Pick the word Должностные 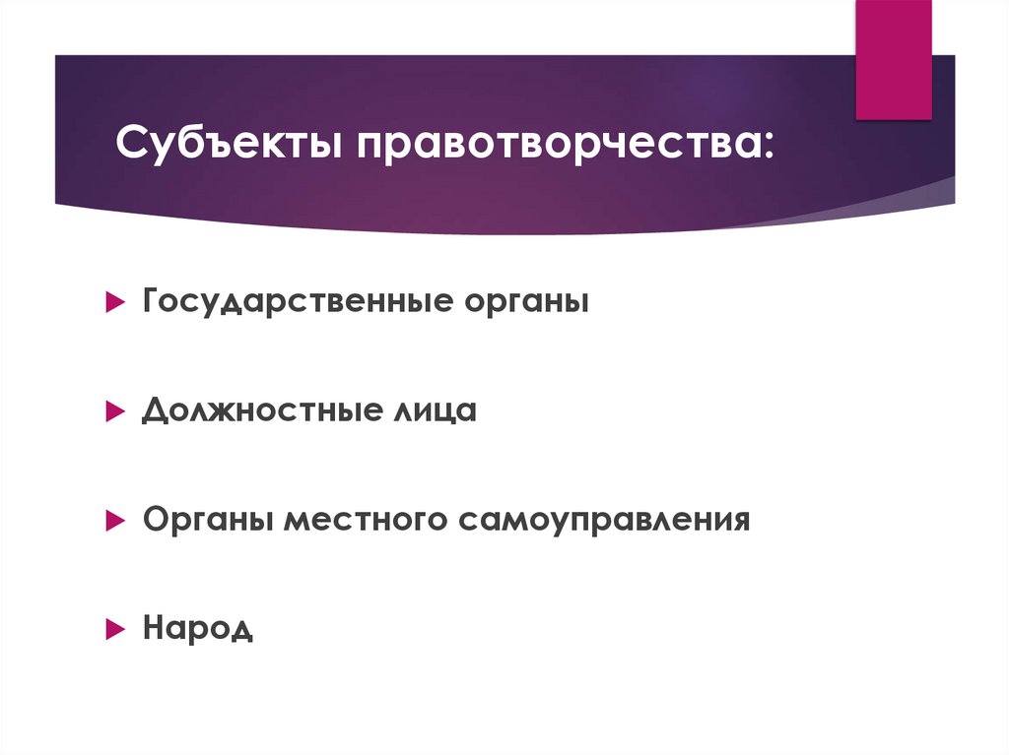[x=253, y=409]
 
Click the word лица [x=430, y=409]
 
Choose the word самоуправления [x=603, y=519]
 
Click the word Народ [x=197, y=627]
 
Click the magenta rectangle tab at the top [x=893, y=59]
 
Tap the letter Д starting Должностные [x=154, y=409]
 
